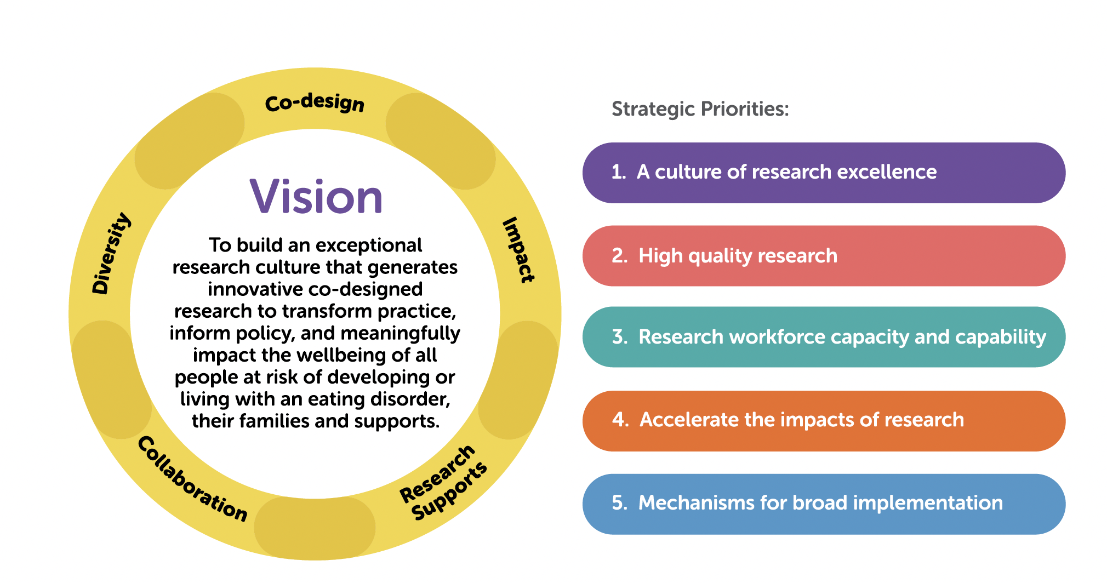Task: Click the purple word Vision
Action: [316, 197]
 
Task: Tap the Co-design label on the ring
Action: [315, 102]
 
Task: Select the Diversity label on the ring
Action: [111, 253]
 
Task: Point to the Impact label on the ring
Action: [518, 250]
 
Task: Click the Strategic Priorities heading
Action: [700, 109]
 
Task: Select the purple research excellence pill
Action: [823, 173]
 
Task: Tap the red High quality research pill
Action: [823, 256]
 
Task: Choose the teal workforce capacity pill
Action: [823, 337]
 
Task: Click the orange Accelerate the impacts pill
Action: [823, 420]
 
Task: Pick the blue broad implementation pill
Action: [823, 504]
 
